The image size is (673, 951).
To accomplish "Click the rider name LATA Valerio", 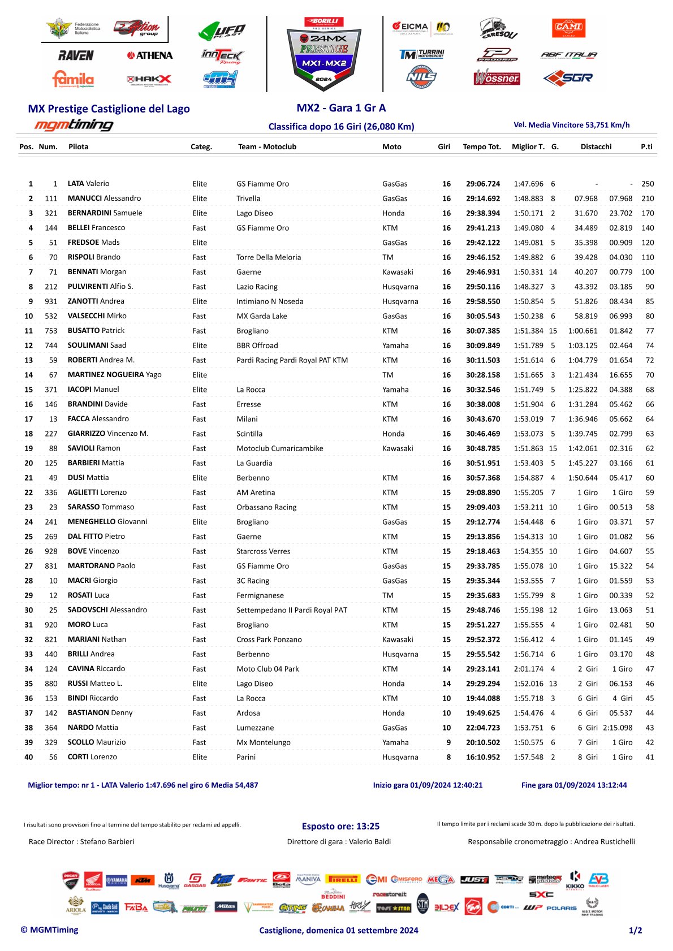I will [x=88, y=184].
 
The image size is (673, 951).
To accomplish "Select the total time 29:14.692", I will [x=483, y=198].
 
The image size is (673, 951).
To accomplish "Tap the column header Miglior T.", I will [x=528, y=147].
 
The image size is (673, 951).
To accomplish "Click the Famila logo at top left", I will [x=73, y=79].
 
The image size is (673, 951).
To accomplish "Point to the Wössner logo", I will [x=497, y=77].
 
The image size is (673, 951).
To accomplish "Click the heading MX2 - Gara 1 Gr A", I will [x=341, y=108].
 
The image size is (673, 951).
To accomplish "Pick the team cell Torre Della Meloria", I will [x=269, y=257].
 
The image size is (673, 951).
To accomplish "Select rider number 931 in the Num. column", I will [x=51, y=301].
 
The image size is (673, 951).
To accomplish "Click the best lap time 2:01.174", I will [x=528, y=669].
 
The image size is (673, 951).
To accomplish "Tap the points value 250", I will [x=648, y=184].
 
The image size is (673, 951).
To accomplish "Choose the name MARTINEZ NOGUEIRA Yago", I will [x=114, y=375].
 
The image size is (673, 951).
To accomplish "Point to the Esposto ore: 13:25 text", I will [x=340, y=826].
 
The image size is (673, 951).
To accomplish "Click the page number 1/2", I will [x=635, y=930].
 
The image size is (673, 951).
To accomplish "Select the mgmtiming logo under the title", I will [x=74, y=125].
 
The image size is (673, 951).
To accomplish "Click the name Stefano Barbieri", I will [x=107, y=842].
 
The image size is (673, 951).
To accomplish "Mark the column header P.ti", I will [x=646, y=147].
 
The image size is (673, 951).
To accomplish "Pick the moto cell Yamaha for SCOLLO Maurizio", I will [x=395, y=742].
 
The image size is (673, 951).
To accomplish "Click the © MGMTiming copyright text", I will [x=50, y=930].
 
